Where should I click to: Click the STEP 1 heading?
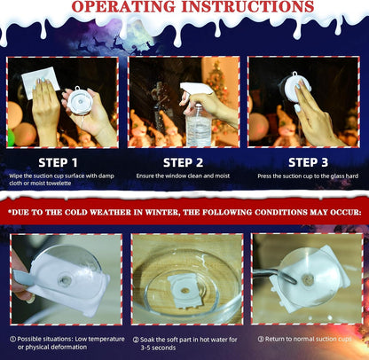(58, 162)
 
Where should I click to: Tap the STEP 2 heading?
(183, 162)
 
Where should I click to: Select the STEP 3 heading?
(308, 162)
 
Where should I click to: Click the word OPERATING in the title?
(124, 6)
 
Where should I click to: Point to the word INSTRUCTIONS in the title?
(247, 6)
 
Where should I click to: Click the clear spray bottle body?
(199, 128)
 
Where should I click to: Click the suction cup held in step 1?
(80, 101)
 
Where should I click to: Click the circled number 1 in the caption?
(12, 339)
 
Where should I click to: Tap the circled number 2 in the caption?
(136, 340)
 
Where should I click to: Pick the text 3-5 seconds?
(158, 348)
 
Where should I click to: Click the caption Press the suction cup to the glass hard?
(308, 176)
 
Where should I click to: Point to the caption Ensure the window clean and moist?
(183, 176)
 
